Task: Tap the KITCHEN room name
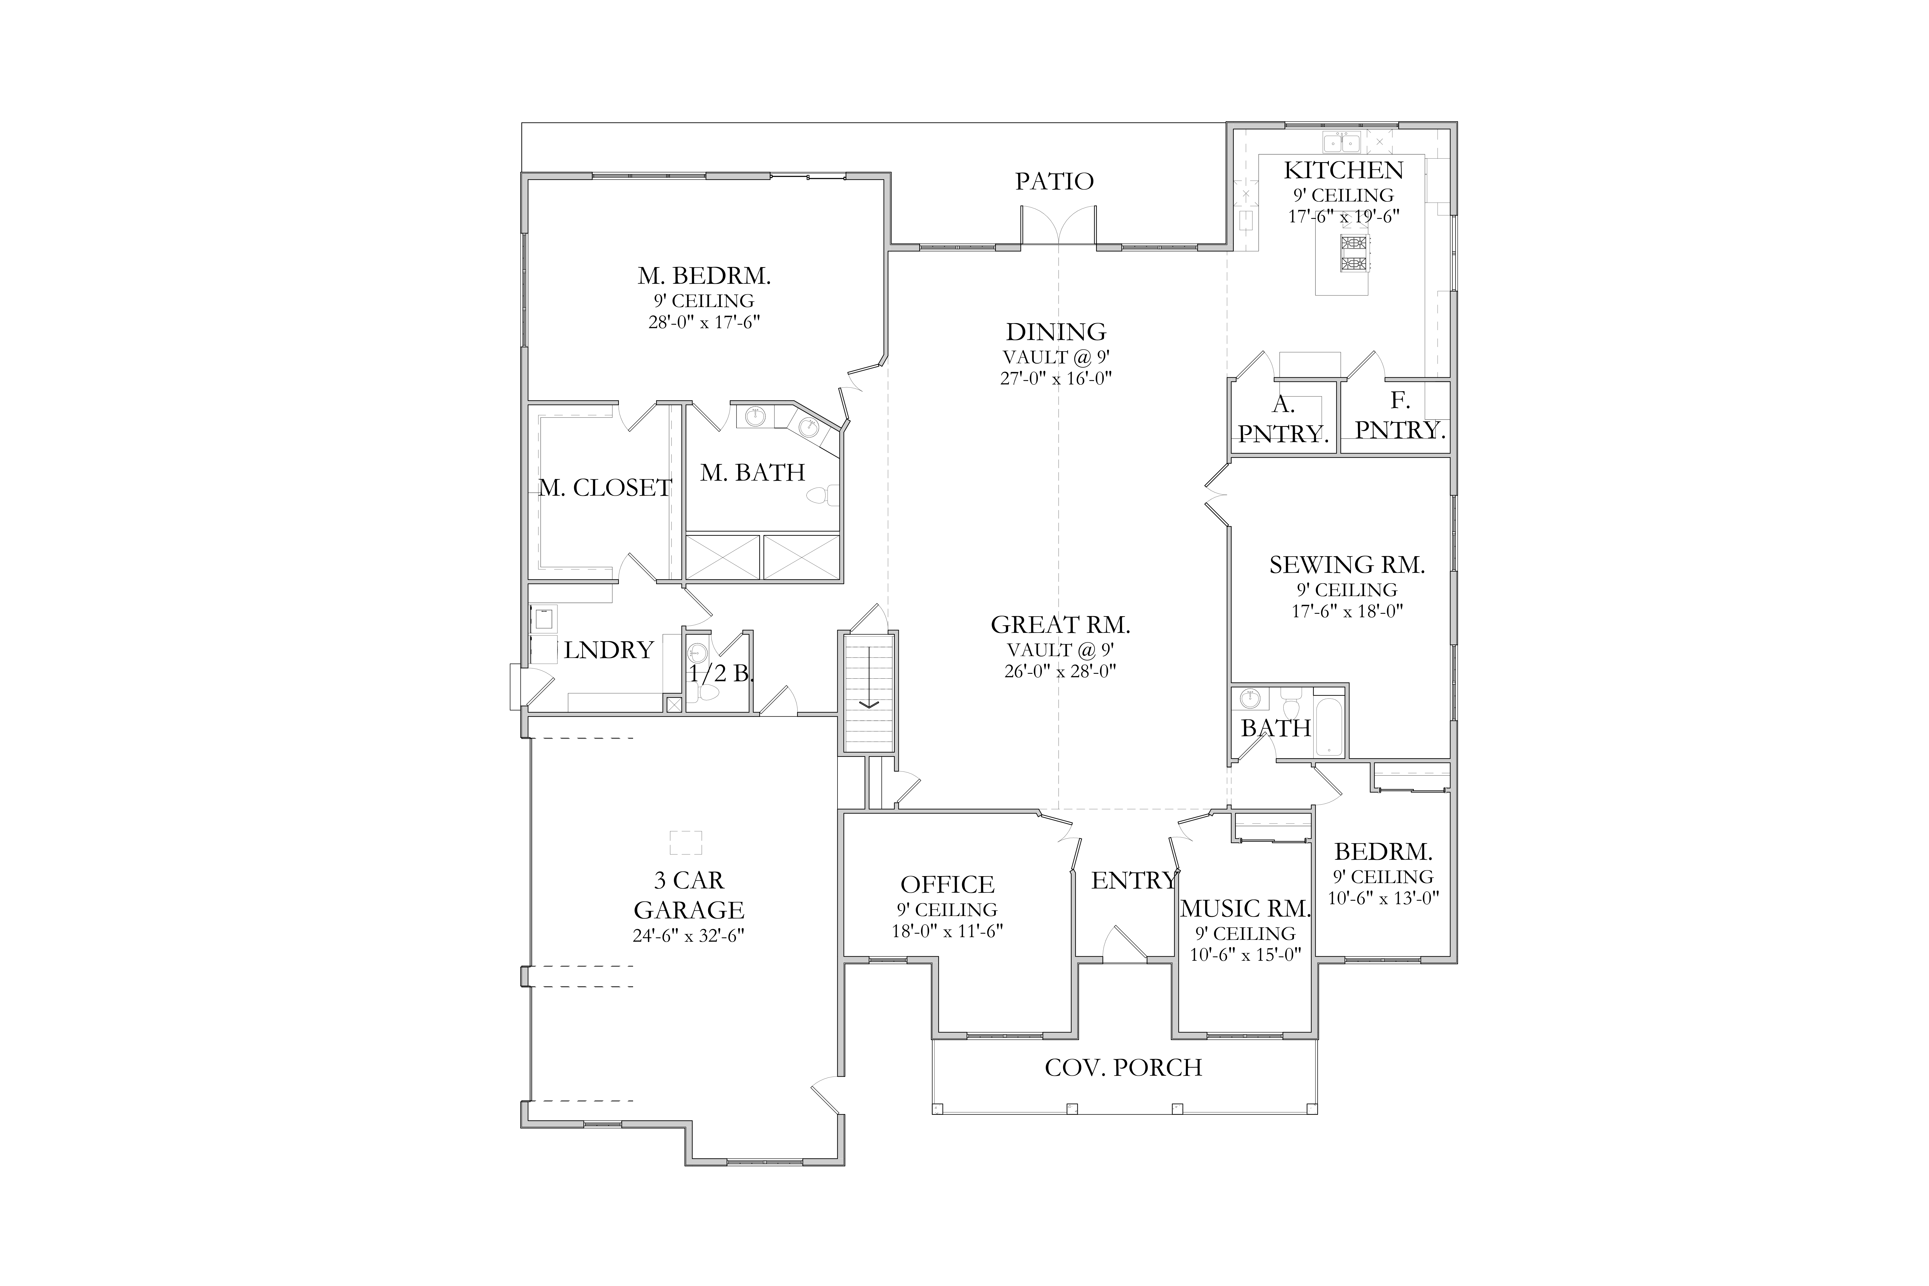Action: (x=1343, y=171)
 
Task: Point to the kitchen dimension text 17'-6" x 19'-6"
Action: (x=1343, y=216)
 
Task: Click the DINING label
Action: (x=1056, y=332)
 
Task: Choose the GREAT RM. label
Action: (x=1060, y=625)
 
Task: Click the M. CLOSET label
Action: (x=605, y=488)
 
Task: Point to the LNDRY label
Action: (x=608, y=651)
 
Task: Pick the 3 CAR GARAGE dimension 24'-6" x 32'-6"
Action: (x=689, y=936)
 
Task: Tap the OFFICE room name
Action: (x=947, y=885)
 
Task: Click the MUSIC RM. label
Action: (x=1246, y=909)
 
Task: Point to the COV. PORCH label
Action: (x=1124, y=1068)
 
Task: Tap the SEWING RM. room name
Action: (x=1348, y=565)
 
